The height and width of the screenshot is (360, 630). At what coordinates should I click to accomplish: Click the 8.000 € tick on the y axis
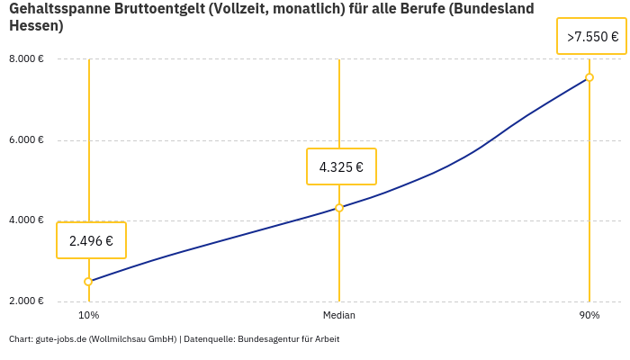pos(26,59)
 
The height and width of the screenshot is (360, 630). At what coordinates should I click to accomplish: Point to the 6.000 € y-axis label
pos(26,140)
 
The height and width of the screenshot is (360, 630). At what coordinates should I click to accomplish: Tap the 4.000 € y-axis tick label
pos(26,220)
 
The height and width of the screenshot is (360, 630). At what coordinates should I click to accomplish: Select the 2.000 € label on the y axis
pos(26,301)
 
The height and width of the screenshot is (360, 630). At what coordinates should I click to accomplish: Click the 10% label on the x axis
pos(88,316)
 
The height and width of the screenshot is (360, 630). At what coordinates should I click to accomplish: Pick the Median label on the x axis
pos(339,316)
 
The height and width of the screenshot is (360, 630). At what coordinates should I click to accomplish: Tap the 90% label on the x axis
pos(589,316)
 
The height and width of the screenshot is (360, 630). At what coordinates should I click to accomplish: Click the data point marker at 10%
pos(88,282)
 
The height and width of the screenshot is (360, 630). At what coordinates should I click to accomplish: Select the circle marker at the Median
pos(339,208)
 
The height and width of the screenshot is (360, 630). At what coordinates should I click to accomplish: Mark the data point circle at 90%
pos(589,77)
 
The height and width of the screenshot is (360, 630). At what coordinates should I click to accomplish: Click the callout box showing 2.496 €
pos(91,240)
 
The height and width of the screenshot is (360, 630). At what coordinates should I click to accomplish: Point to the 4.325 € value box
pos(341,166)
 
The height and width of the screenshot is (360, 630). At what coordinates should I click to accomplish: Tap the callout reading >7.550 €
pos(591,37)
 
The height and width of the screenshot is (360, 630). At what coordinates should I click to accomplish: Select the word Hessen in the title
pos(33,26)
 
